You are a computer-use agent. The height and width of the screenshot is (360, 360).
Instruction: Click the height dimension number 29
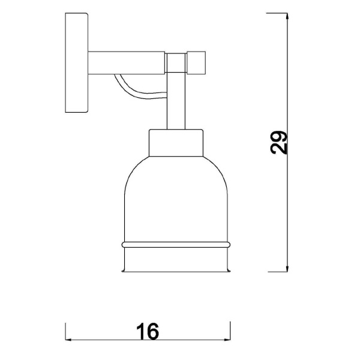coord(279,143)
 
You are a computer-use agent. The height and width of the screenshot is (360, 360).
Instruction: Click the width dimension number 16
coord(148,331)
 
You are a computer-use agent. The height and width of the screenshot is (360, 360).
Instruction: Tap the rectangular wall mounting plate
coord(76,62)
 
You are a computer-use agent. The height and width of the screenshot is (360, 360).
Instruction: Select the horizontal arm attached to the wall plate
coord(126,62)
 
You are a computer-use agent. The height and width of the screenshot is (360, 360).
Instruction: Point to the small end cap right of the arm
coord(196,62)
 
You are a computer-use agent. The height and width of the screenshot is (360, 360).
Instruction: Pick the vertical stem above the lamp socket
coord(176,101)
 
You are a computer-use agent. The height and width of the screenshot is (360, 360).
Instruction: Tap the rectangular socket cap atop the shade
coord(176,143)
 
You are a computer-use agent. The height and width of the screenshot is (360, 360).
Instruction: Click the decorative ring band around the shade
coord(176,245)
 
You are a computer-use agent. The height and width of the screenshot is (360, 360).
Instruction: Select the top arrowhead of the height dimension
coord(287,16)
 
